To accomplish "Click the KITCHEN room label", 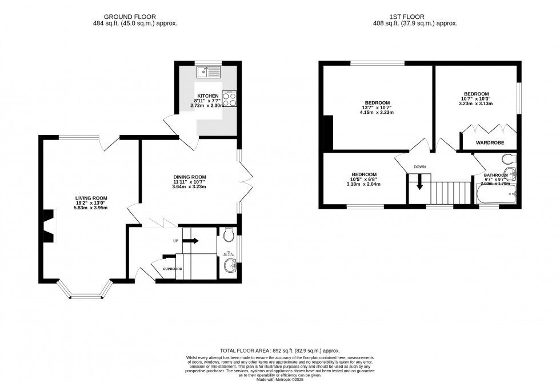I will (x=208, y=95).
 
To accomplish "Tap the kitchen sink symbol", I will (x=209, y=73).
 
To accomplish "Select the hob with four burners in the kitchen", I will (x=229, y=100).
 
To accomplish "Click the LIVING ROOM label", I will (x=92, y=198).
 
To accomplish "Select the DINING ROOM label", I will (x=189, y=177).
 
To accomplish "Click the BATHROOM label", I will (x=495, y=175).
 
